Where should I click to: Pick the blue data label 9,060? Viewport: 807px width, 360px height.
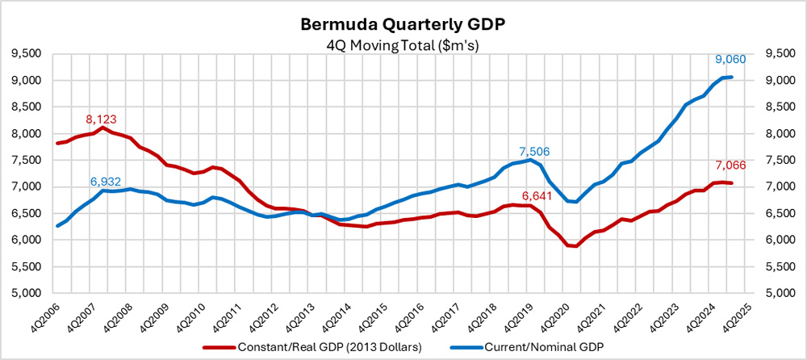[732, 58]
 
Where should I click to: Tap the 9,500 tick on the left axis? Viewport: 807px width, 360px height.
[27, 54]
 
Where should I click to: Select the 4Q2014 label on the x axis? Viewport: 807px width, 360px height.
[341, 316]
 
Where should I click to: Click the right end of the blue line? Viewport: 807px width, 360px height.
[730, 77]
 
